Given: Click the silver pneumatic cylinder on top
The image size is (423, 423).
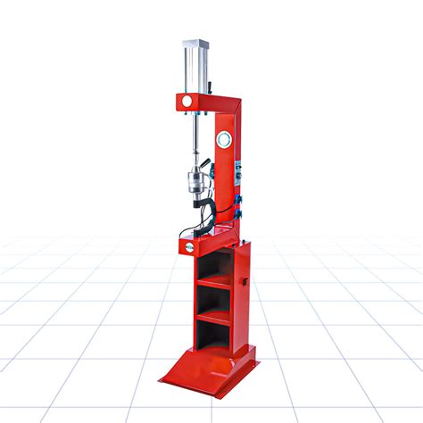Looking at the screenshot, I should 196,68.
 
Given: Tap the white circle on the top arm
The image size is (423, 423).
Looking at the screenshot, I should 187,102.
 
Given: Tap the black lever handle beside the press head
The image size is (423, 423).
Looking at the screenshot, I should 208,166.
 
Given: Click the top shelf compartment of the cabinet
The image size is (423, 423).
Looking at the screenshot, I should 213,265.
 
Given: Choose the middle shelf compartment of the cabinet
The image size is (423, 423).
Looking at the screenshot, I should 213,298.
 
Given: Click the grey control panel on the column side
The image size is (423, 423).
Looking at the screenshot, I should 238,178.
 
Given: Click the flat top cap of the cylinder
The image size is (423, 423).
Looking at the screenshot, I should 196,43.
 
